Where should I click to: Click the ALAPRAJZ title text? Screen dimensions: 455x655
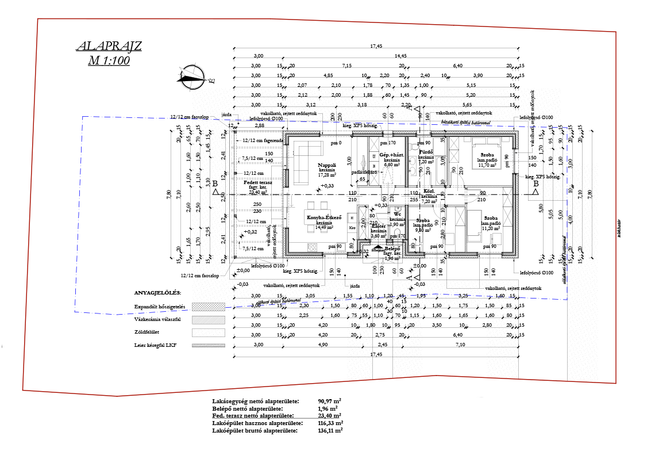point(109,47)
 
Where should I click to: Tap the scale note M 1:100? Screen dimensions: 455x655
point(109,60)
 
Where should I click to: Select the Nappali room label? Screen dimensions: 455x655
point(327,165)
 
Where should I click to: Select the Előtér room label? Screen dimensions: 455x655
point(379,226)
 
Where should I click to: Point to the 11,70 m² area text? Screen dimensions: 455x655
point(488,166)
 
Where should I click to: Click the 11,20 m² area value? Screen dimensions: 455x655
point(491,228)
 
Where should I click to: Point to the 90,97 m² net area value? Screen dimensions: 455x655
point(329,401)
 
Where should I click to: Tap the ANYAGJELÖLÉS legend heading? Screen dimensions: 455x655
point(157,293)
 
